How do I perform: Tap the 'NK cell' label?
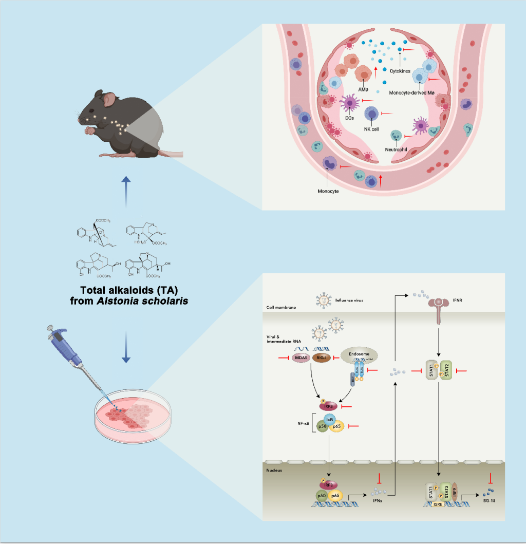(x=371, y=129)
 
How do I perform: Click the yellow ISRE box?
(x=439, y=504)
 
